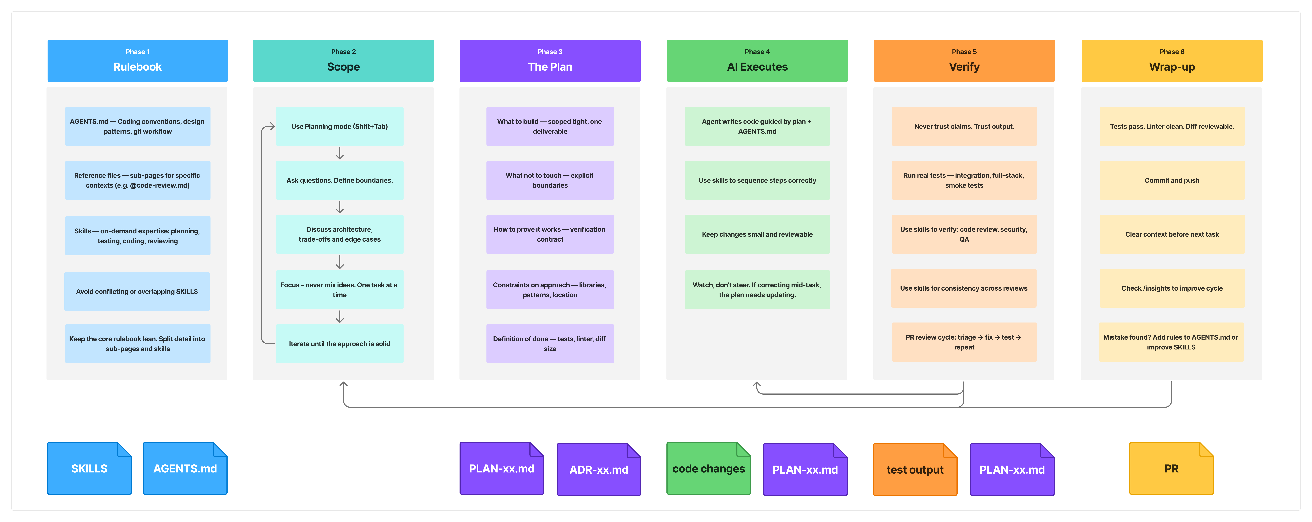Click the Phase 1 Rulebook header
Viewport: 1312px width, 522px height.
pyautogui.click(x=138, y=61)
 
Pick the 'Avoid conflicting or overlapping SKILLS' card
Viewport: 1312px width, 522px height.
pyautogui.click(x=137, y=291)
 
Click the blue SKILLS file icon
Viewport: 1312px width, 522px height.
pyautogui.click(x=89, y=468)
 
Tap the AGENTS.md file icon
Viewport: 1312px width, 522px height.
pyautogui.click(x=185, y=468)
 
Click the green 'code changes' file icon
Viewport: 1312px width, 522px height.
pyautogui.click(x=708, y=468)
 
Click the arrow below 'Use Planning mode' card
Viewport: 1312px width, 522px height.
pyautogui.click(x=340, y=153)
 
